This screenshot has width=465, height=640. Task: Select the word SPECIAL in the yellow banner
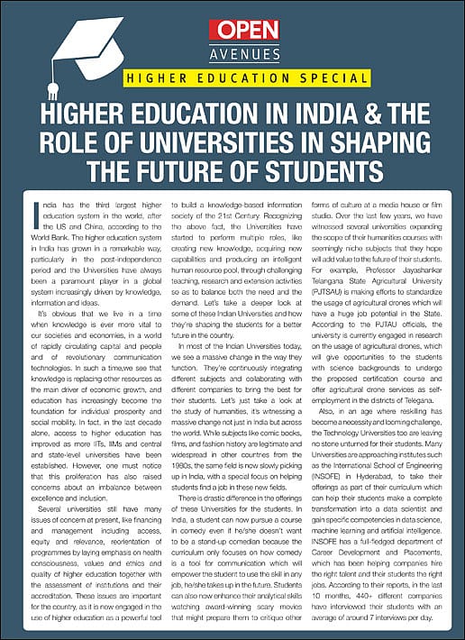(318, 77)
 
